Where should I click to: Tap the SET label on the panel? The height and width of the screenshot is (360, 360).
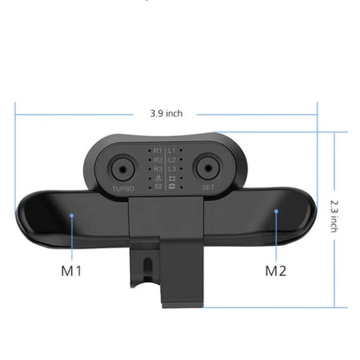pyautogui.click(x=208, y=187)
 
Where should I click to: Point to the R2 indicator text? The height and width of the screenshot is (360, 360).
pyautogui.click(x=157, y=160)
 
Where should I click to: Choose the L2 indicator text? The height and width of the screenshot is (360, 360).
pyautogui.click(x=173, y=160)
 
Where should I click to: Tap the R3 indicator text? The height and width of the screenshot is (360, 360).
pyautogui.click(x=157, y=170)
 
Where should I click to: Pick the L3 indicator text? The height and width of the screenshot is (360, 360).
pyautogui.click(x=173, y=170)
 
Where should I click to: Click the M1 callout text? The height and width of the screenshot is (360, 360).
pyautogui.click(x=71, y=270)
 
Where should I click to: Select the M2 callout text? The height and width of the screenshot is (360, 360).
pyautogui.click(x=275, y=270)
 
